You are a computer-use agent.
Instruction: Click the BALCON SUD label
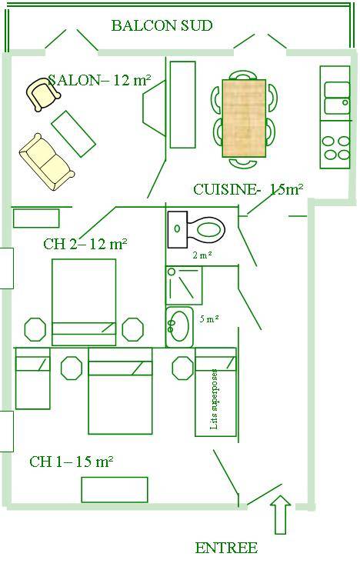[162, 26]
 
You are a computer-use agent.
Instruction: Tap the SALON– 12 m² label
[99, 80]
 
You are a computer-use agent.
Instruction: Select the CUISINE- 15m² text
[248, 189]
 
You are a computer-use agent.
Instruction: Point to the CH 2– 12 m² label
[85, 244]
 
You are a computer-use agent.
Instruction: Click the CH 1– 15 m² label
[72, 462]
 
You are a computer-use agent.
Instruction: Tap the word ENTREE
[226, 548]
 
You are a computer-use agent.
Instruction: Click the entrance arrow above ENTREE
[281, 514]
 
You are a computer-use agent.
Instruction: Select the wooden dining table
[244, 118]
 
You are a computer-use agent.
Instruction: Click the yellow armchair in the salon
[43, 94]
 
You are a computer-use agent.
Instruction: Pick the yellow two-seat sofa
[47, 162]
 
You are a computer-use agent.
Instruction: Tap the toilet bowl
[205, 230]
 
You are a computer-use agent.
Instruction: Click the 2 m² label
[202, 255]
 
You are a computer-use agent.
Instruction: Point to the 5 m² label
[209, 319]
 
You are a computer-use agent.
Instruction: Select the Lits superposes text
[215, 399]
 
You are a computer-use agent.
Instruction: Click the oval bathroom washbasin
[179, 326]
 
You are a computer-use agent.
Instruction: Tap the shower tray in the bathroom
[184, 285]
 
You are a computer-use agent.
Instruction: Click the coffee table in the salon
[73, 133]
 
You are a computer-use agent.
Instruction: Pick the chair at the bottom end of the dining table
[244, 162]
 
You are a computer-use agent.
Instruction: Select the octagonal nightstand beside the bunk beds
[182, 368]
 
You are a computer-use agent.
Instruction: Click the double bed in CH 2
[84, 302]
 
